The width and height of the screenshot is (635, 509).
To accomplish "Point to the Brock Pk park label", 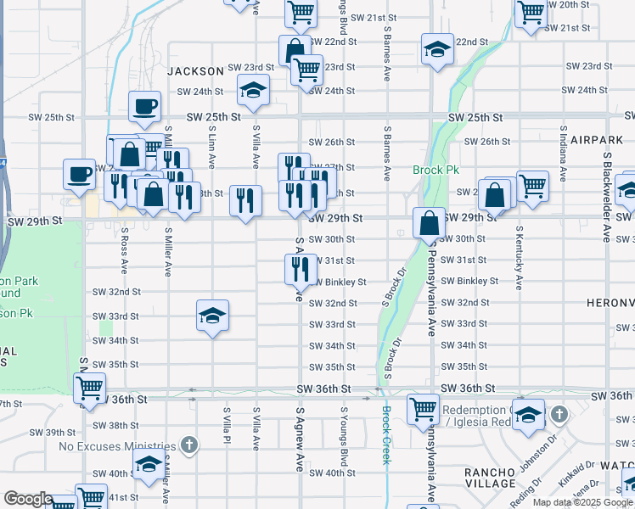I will coord(436,170).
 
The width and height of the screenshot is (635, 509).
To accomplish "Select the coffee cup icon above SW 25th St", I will coord(144,107).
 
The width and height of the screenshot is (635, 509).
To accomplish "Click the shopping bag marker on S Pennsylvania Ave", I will coord(430,223).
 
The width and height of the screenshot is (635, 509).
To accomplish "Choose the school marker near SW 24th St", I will coord(252,88).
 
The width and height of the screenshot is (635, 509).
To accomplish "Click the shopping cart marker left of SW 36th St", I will coord(89,388).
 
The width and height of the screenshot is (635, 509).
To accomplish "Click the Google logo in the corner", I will coord(28,499).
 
